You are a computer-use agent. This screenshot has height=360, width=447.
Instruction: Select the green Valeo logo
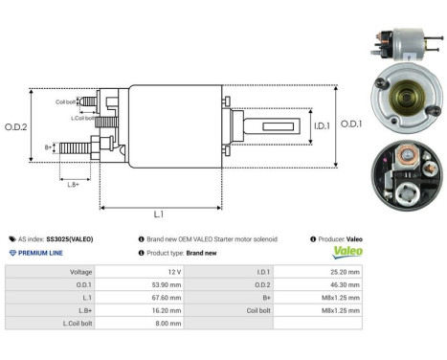347,253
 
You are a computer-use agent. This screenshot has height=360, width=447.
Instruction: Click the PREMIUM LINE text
39,252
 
